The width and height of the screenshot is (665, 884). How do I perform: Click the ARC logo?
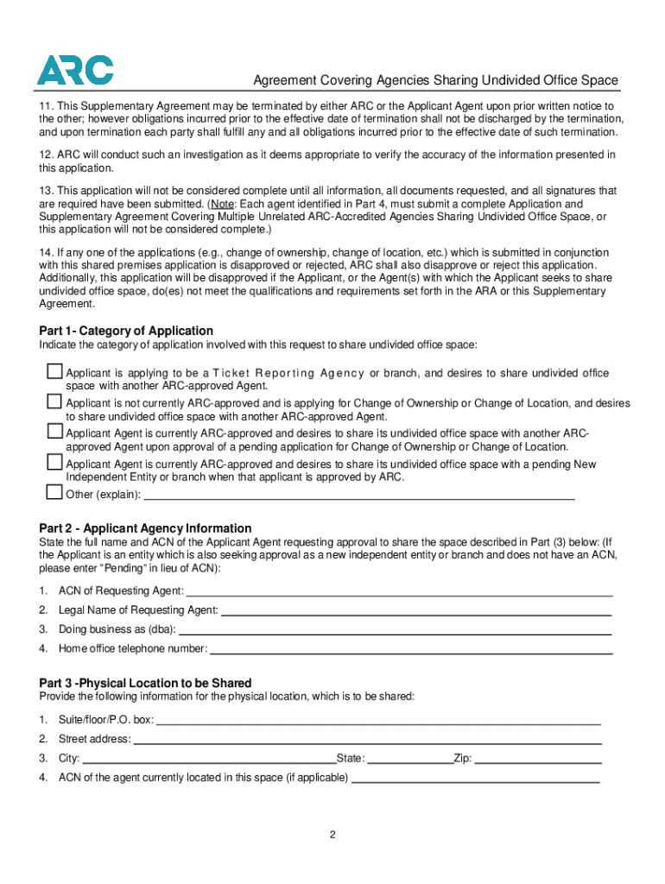[74, 70]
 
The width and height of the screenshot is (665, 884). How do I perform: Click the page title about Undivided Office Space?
[435, 80]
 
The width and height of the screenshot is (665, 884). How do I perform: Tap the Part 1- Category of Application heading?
[126, 331]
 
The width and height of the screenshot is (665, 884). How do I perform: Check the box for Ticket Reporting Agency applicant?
[54, 372]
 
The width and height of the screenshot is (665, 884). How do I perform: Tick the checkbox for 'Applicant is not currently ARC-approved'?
[54, 402]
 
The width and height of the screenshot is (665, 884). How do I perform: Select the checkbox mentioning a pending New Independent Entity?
[54, 464]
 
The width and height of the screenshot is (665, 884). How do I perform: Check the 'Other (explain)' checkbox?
[54, 493]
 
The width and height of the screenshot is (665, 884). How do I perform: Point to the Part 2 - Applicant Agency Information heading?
[145, 527]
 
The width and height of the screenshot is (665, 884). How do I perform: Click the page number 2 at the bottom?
[332, 835]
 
